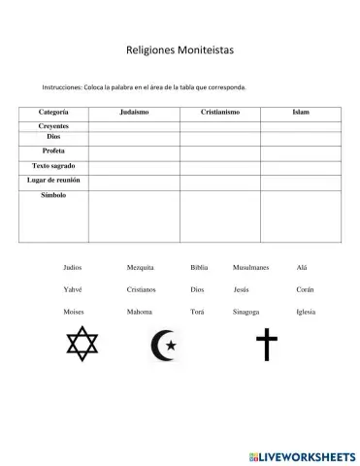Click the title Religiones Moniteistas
pyautogui.click(x=180, y=48)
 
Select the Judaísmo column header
pyautogui.click(x=134, y=113)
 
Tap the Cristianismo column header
pyautogui.click(x=220, y=113)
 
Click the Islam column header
pyautogui.click(x=301, y=113)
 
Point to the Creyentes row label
pyautogui.click(x=53, y=126)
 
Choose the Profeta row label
pyautogui.click(x=53, y=151)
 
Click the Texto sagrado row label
pyautogui.click(x=53, y=166)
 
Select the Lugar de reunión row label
pyautogui.click(x=53, y=181)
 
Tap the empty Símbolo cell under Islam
pyautogui.click(x=301, y=216)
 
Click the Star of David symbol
pyautogui.click(x=82, y=344)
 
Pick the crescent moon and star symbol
pyautogui.click(x=164, y=345)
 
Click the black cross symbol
pyautogui.click(x=266, y=344)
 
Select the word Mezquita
pyautogui.click(x=140, y=267)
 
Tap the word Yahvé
pyautogui.click(x=73, y=289)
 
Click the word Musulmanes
pyautogui.click(x=250, y=267)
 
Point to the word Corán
pyautogui.click(x=305, y=289)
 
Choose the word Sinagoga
pyautogui.click(x=245, y=312)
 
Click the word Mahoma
pyautogui.click(x=139, y=312)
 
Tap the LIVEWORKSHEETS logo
pyautogui.click(x=302, y=455)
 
